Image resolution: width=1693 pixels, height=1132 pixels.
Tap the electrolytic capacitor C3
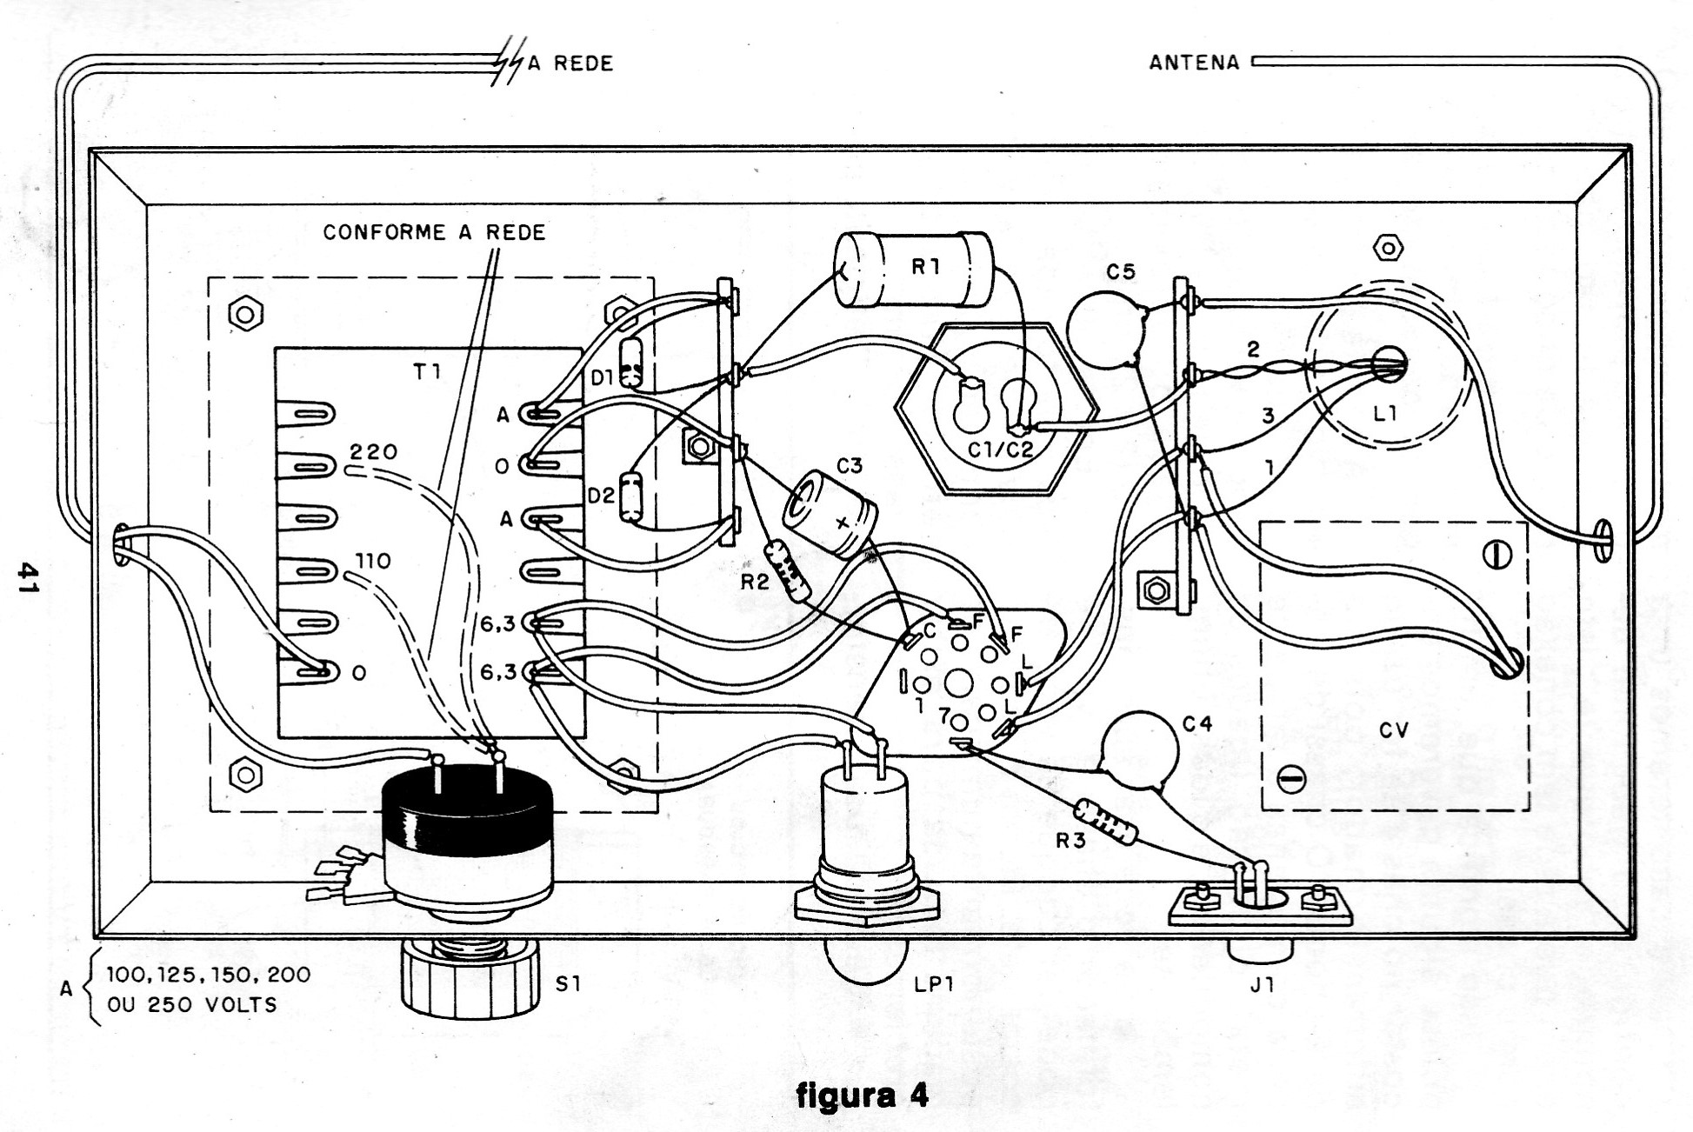(830, 513)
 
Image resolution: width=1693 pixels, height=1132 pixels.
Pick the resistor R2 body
(787, 569)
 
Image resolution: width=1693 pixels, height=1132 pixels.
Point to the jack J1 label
(1262, 985)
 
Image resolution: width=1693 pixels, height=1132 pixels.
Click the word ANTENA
(1194, 63)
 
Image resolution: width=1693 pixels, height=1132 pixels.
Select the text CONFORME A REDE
(434, 232)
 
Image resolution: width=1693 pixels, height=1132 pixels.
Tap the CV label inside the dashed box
(1394, 730)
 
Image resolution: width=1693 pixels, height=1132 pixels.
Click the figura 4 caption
(862, 1095)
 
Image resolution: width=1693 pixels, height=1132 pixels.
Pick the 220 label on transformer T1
(373, 452)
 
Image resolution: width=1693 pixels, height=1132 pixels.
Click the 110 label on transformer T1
(372, 562)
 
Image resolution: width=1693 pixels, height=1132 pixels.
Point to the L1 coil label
(1384, 414)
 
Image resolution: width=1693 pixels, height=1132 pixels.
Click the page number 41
(30, 576)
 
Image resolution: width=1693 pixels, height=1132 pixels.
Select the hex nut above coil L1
(1388, 249)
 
